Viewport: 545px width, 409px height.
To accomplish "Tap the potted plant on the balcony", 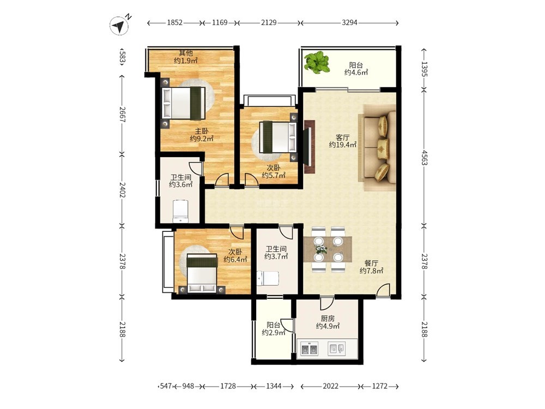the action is click(316, 63).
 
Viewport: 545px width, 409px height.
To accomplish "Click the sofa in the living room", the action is click(378, 147).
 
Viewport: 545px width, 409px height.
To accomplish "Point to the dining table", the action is click(328, 249).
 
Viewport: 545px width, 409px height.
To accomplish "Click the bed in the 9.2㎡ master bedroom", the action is click(184, 103).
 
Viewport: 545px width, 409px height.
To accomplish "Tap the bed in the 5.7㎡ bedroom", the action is click(278, 137).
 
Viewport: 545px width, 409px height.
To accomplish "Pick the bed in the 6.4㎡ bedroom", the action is click(202, 274).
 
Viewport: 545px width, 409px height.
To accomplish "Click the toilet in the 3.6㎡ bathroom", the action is click(180, 211).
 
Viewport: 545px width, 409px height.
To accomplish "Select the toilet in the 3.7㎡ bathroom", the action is click(268, 278).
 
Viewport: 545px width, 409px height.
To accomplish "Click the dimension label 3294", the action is click(349, 22).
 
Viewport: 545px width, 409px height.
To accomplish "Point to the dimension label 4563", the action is click(425, 158).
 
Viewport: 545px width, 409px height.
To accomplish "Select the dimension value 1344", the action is click(274, 386).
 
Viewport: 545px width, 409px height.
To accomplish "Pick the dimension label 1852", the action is click(174, 22).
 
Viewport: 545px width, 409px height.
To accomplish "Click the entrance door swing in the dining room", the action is click(383, 291).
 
